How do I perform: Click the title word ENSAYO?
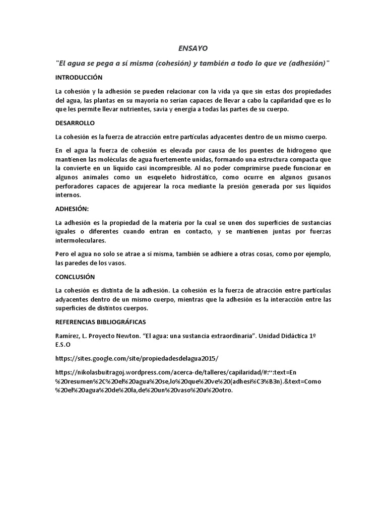coord(193,48)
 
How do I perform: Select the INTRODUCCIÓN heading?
coord(79,77)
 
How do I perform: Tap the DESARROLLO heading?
coord(75,123)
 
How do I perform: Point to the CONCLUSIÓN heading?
coord(75,277)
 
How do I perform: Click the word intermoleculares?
coord(81,241)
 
